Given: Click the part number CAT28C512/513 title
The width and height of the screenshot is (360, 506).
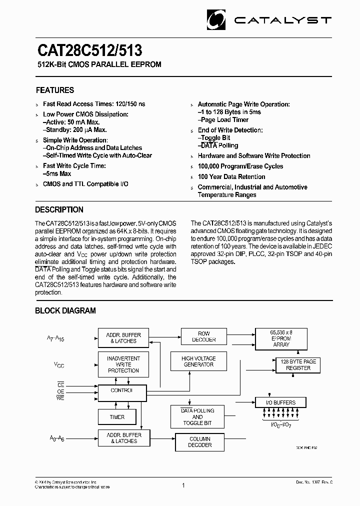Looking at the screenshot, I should [x=89, y=51].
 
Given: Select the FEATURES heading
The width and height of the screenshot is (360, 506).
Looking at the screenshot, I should [x=55, y=90].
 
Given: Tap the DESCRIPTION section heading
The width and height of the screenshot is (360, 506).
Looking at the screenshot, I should [x=59, y=210].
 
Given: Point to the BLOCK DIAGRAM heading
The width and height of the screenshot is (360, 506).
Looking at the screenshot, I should [x=65, y=311].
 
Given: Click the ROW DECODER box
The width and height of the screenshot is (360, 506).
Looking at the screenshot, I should [x=204, y=336].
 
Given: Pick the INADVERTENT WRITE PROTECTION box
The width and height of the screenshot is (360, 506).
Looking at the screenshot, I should [x=123, y=364].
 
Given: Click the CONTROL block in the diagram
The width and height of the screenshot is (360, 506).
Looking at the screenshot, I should [x=122, y=391].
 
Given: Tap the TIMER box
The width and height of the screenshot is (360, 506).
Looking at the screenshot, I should [x=117, y=417].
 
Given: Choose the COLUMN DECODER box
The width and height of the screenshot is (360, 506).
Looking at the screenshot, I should [x=199, y=442].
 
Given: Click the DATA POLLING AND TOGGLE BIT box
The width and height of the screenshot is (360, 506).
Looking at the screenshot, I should [x=197, y=417].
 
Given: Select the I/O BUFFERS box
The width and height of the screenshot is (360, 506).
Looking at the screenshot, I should [x=281, y=402].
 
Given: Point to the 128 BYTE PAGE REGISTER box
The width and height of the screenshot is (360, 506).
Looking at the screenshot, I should [x=298, y=364].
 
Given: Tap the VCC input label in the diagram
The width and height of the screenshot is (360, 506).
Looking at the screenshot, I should [x=59, y=365].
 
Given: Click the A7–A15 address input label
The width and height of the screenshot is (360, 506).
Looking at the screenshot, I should [x=55, y=338].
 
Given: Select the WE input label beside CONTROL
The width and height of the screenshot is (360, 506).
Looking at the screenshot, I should [x=60, y=397].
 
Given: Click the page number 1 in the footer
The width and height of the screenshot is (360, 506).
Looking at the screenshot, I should [x=183, y=485].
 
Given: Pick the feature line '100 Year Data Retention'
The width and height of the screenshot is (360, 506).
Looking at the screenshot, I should [x=231, y=177].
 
